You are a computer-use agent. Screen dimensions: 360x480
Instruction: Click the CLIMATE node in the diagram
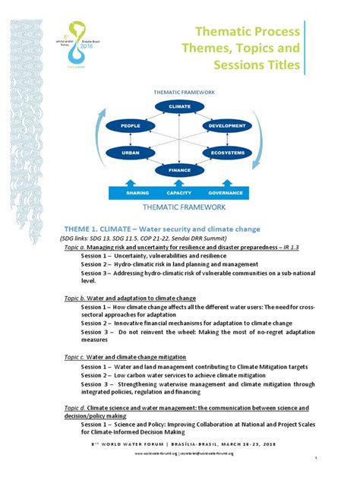click(179, 106)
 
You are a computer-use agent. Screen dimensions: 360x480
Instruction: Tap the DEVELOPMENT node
click(226, 125)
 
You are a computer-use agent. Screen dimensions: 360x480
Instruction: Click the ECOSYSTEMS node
click(227, 153)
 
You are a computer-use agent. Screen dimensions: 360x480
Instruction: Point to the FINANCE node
click(179, 171)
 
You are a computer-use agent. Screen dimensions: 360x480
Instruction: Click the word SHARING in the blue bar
click(137, 193)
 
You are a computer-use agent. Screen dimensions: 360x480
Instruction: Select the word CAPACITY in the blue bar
click(179, 193)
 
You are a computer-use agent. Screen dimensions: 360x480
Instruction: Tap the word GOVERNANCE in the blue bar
click(224, 193)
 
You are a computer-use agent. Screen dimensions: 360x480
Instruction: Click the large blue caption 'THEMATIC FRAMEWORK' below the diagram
click(181, 207)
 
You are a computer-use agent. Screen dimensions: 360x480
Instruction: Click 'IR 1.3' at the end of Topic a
click(291, 248)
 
